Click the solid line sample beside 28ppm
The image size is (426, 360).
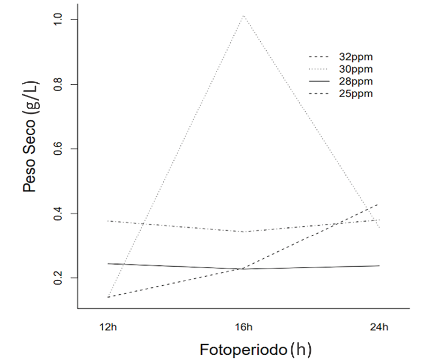point(320,82)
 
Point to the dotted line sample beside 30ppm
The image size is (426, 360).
point(320,69)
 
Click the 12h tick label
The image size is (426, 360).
point(108,327)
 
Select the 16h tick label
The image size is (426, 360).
point(244,327)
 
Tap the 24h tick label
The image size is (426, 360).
point(379,327)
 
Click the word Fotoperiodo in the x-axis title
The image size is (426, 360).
point(244,349)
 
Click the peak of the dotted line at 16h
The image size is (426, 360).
point(244,15)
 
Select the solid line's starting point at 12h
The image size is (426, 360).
point(108,264)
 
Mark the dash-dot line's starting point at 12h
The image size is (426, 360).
point(108,221)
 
